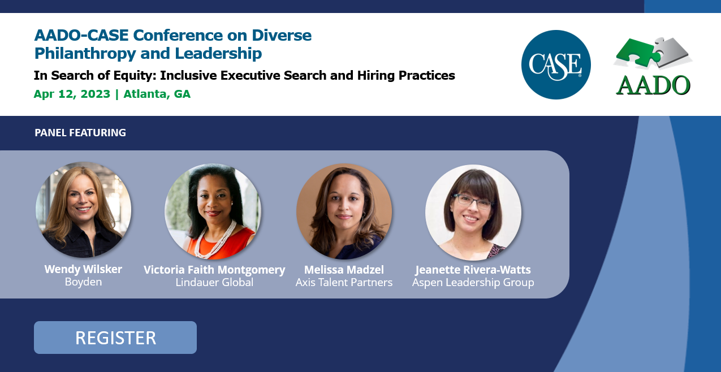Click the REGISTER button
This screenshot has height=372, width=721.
(x=115, y=338)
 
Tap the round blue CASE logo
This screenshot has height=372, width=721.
(x=556, y=64)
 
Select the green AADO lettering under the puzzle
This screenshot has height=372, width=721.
(x=653, y=85)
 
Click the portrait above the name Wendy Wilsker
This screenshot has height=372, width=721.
(x=83, y=210)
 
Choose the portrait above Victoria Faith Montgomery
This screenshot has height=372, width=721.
(x=213, y=211)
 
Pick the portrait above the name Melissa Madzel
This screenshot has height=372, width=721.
(x=344, y=211)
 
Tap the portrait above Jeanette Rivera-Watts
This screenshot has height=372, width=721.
(x=473, y=212)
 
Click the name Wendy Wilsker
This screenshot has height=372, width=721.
(x=83, y=269)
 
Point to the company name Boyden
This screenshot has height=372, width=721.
(x=83, y=282)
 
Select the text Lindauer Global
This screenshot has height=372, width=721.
(x=214, y=282)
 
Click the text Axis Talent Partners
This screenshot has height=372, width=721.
(x=344, y=282)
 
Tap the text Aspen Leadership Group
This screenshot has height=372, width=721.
(x=473, y=283)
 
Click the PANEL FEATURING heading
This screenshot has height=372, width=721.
(x=80, y=133)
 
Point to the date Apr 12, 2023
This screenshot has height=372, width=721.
(x=72, y=94)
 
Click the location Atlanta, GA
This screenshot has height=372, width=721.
(x=157, y=94)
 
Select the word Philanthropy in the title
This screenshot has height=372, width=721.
(x=85, y=54)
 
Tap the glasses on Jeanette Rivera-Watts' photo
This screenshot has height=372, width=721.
(x=473, y=201)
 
